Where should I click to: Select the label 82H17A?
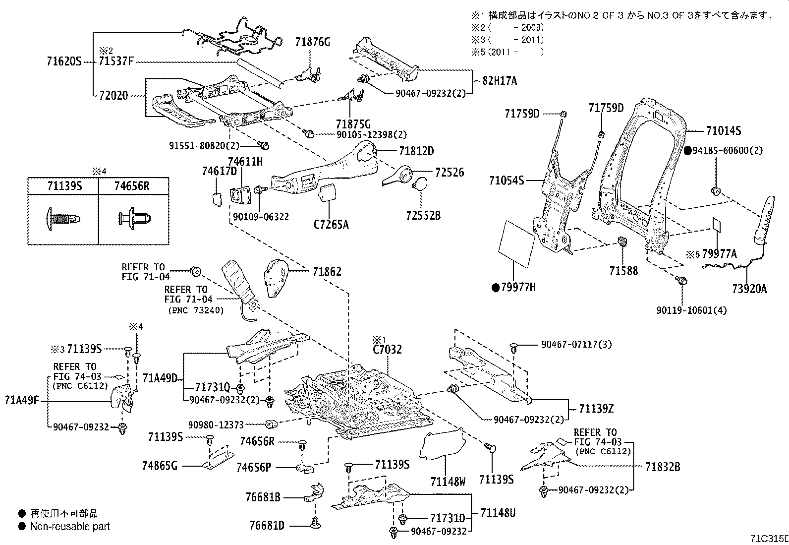[500, 81]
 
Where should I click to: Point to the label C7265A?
[331, 225]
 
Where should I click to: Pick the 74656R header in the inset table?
[132, 186]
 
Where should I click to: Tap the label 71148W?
[448, 482]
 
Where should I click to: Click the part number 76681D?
[267, 525]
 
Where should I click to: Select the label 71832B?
[663, 467]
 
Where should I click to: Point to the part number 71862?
[327, 272]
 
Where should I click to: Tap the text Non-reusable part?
[70, 527]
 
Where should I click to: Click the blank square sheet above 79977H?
[517, 242]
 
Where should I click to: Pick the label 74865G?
[160, 466]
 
